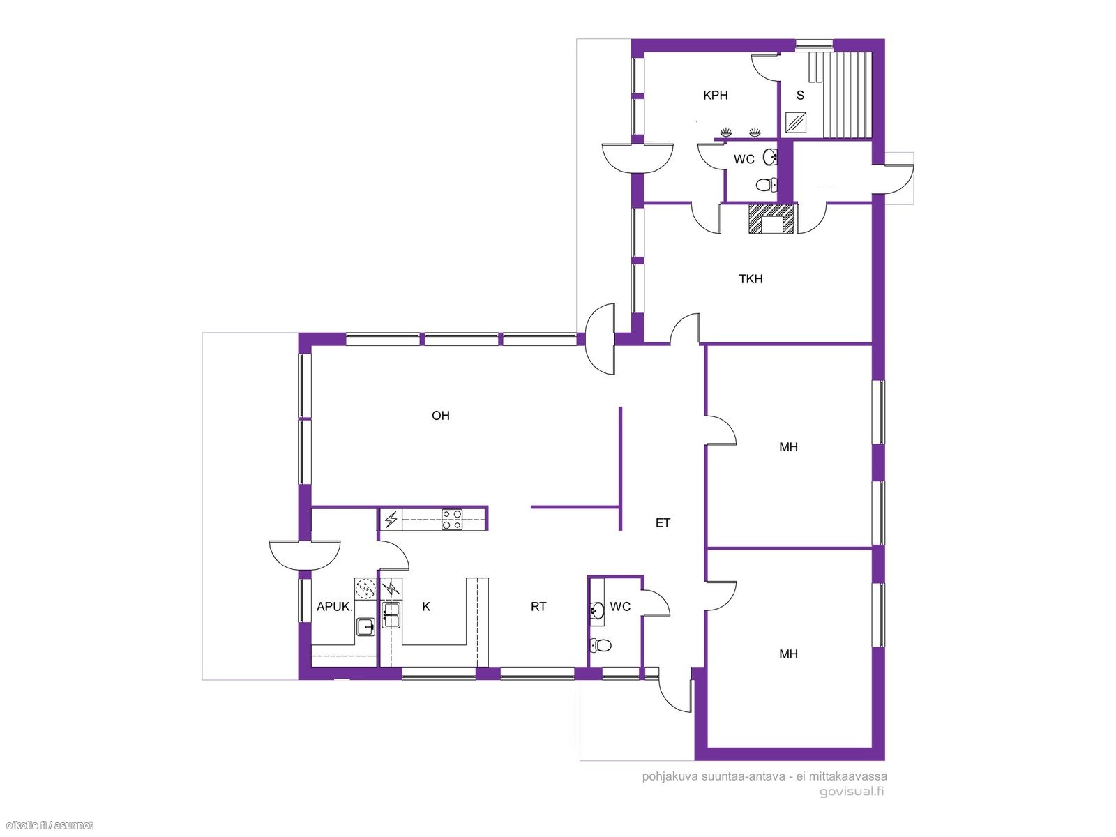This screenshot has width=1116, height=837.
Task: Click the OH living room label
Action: [440, 416]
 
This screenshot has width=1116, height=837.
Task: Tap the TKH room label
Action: [751, 279]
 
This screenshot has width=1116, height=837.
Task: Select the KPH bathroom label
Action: [716, 95]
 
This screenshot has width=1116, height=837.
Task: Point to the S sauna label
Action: [800, 95]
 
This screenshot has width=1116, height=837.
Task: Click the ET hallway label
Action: [663, 523]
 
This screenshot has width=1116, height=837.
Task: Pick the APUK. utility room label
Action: [334, 606]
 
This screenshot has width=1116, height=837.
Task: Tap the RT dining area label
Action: [538, 606]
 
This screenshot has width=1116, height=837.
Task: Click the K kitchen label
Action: [426, 606]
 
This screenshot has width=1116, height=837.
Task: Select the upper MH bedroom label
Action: [788, 447]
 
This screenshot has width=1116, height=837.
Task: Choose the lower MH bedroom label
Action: [788, 654]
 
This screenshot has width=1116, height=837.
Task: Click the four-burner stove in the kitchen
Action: [452, 520]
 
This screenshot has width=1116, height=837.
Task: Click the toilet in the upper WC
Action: [767, 184]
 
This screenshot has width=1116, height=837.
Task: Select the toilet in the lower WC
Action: [600, 645]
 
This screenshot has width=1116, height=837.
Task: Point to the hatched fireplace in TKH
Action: [771, 218]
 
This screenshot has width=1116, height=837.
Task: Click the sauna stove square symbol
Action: [796, 121]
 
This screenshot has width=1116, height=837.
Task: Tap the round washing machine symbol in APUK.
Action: [365, 589]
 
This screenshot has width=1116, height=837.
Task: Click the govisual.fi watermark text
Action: [852, 791]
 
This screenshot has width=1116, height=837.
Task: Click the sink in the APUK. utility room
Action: [365, 626]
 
